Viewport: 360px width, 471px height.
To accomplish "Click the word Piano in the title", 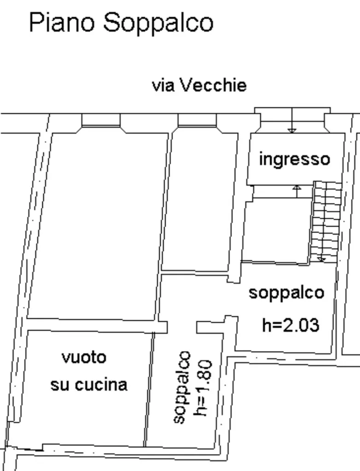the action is (62, 23).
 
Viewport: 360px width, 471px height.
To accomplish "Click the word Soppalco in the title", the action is (158, 23).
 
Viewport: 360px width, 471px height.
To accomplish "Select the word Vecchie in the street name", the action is (214, 85).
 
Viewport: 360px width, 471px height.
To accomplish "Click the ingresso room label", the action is (295, 160).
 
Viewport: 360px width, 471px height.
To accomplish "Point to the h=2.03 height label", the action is (290, 325).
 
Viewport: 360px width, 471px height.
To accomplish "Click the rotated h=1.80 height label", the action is (203, 388).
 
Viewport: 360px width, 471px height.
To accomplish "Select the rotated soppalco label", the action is (182, 387).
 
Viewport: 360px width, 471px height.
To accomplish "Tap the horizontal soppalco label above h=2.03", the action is (286, 293).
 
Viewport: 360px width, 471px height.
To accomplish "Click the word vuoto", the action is (84, 357).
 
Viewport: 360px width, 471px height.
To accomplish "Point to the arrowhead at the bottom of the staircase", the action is (321, 259).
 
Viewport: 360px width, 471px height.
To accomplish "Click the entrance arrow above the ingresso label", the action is (292, 120).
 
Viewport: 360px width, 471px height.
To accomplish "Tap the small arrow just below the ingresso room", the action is (297, 191).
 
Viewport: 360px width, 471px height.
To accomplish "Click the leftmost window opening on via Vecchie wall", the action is (101, 121).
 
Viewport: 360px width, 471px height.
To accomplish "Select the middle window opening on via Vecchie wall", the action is (197, 121).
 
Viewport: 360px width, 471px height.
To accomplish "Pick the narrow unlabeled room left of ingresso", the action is (200, 201).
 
